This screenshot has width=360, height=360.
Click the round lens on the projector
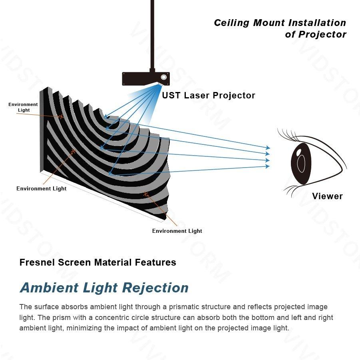[163, 77]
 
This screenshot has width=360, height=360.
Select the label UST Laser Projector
[208, 95]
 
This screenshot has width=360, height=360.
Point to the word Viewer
[327, 196]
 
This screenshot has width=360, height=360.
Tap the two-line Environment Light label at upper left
[23, 107]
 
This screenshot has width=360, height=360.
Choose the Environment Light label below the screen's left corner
[41, 188]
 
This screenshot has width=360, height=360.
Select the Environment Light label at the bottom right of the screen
[177, 231]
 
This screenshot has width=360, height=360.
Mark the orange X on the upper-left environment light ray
[61, 117]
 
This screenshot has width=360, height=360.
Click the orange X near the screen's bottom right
[146, 194]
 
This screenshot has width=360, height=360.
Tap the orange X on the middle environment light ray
[73, 151]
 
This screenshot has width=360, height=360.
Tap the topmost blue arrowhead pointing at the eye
[268, 148]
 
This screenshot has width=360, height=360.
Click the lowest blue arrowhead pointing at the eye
[268, 166]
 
